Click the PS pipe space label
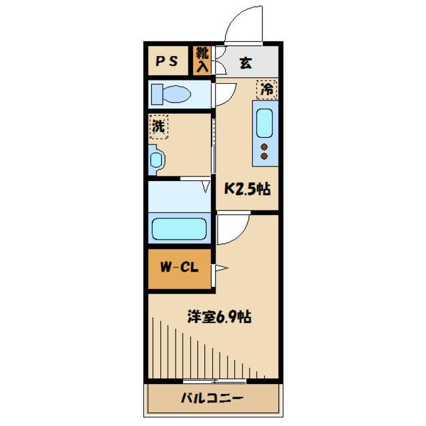tap(167, 61)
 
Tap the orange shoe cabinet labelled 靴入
tap(202, 61)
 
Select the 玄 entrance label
tap(246, 63)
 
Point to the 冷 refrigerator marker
tap(267, 88)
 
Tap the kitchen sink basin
tap(264, 122)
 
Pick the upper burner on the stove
tap(264, 146)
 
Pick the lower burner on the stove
tap(264, 156)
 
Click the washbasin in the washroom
tap(156, 160)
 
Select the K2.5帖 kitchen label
tap(246, 189)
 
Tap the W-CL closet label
tap(178, 269)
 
